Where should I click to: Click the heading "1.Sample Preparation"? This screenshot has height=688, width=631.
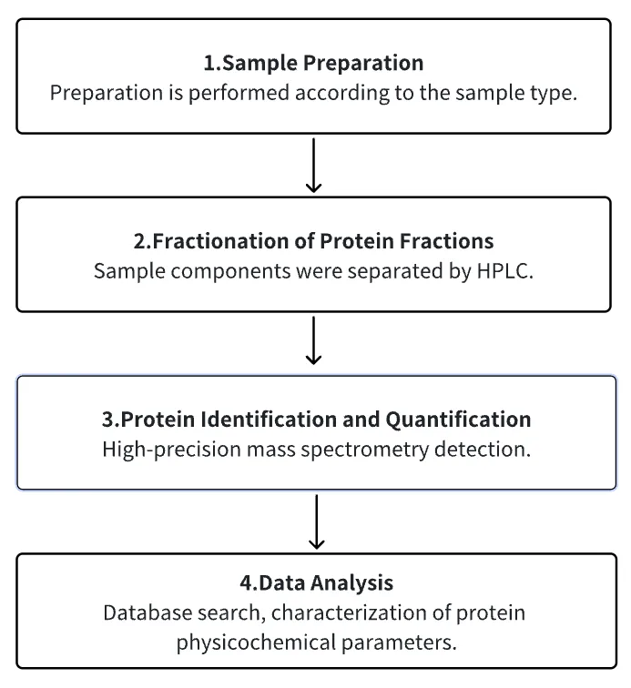click(313, 63)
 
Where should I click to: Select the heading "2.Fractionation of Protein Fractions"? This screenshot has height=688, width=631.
click(313, 241)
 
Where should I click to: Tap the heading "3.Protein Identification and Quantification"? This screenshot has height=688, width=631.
click(316, 419)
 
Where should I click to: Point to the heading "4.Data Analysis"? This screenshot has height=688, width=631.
click(316, 582)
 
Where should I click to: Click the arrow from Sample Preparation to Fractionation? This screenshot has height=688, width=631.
click(313, 166)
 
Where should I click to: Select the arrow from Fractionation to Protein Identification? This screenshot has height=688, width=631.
click(313, 340)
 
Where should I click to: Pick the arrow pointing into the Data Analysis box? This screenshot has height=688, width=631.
click(316, 521)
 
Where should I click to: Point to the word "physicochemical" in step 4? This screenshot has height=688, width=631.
click(256, 643)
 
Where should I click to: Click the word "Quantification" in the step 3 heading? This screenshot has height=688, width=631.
click(458, 420)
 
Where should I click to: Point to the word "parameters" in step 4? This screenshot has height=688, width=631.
click(399, 643)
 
